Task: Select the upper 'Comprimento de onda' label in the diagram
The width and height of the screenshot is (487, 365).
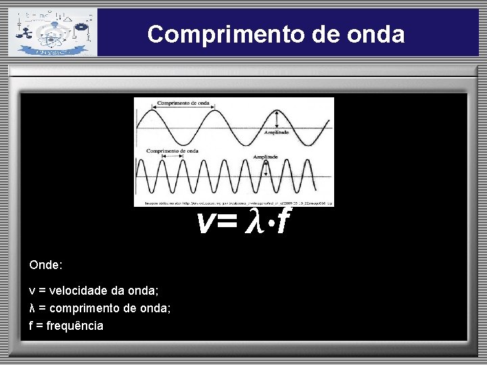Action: click(x=183, y=103)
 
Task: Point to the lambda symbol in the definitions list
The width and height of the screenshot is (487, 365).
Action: click(x=32, y=308)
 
